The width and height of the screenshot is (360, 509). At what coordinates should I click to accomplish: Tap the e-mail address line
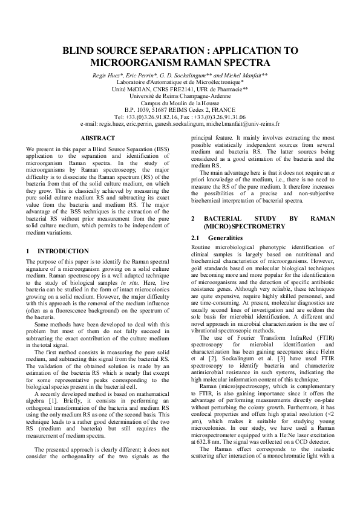point(180,123)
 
